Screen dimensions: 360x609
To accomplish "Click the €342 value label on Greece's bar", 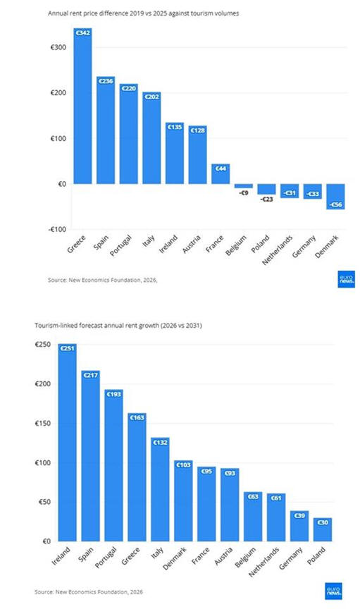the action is pyautogui.click(x=82, y=33).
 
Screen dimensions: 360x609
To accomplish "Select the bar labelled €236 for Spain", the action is pyautogui.click(x=106, y=130).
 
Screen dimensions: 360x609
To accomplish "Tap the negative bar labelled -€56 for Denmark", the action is pyautogui.click(x=335, y=197).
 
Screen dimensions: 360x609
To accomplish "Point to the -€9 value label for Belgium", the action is pyautogui.click(x=244, y=192).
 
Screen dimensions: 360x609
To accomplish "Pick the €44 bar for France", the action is pyautogui.click(x=221, y=173).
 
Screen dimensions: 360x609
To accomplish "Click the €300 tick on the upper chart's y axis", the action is pyautogui.click(x=58, y=47).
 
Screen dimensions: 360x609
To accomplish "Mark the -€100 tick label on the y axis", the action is pyautogui.click(x=58, y=229).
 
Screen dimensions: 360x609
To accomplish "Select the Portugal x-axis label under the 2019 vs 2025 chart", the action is pyautogui.click(x=121, y=245).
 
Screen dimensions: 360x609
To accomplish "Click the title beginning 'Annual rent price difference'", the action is pyautogui.click(x=143, y=13).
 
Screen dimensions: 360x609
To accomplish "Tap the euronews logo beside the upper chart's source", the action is pyautogui.click(x=346, y=279).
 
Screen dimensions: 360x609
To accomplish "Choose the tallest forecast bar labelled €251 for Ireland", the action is pyautogui.click(x=68, y=443).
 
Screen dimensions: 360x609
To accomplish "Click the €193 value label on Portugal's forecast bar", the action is pyautogui.click(x=114, y=394).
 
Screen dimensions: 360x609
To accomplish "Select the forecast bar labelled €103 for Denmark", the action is pyautogui.click(x=183, y=500).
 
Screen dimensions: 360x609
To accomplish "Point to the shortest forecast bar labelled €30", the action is pyautogui.click(x=323, y=529).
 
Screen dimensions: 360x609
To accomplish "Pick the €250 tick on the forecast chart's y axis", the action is pyautogui.click(x=43, y=344).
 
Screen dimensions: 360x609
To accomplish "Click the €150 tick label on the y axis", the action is pyautogui.click(x=43, y=423).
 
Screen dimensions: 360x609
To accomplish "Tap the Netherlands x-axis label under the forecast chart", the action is pyautogui.click(x=264, y=562).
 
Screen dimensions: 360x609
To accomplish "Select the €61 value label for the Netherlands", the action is pyautogui.click(x=276, y=498).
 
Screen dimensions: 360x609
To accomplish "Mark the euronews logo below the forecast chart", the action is pyautogui.click(x=334, y=591).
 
